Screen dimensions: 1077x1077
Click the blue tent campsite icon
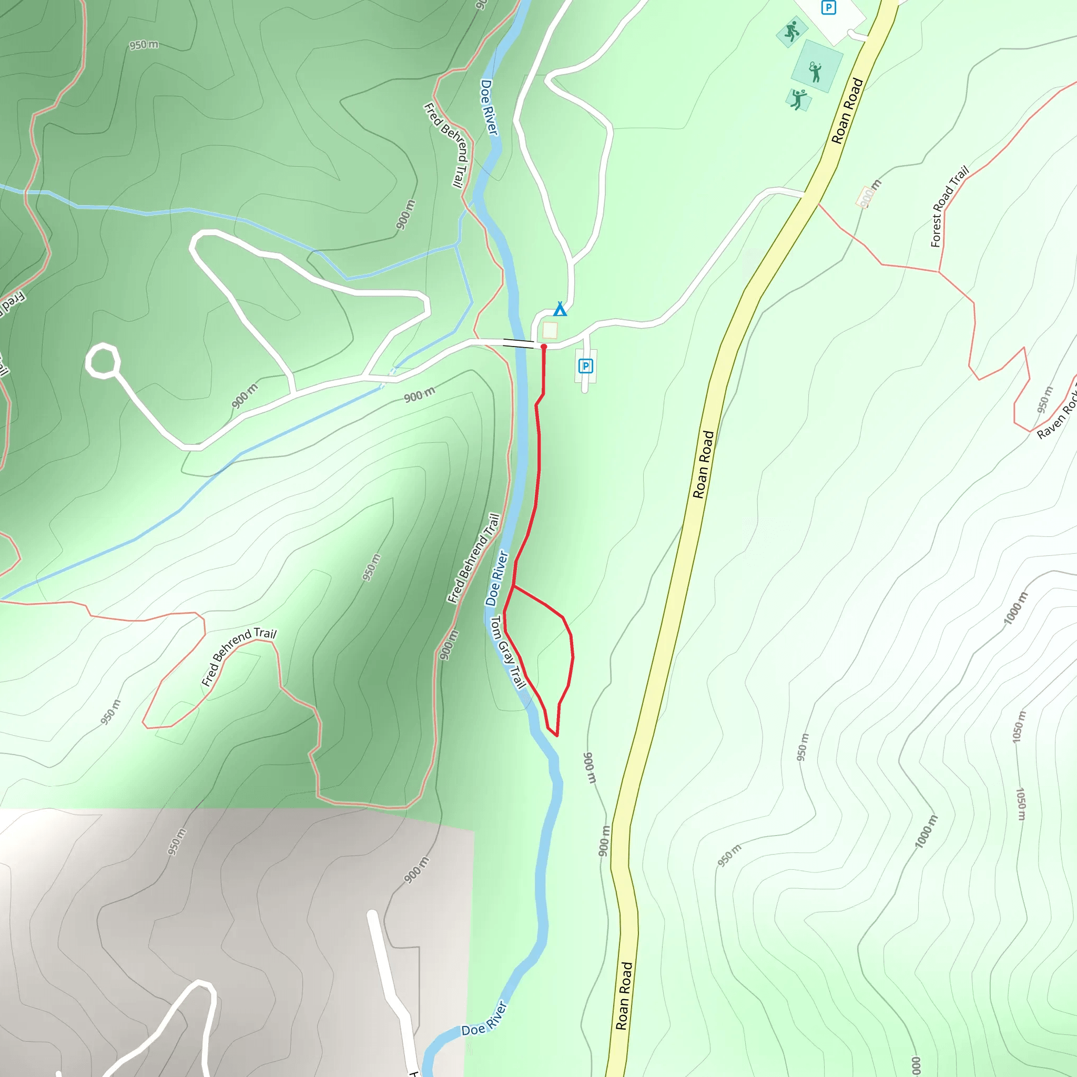coord(560,309)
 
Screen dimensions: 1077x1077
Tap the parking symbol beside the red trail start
coord(585,365)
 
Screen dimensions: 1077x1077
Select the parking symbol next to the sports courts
coord(829,8)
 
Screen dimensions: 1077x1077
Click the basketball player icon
coord(791,32)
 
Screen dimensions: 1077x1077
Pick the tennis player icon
coord(816,72)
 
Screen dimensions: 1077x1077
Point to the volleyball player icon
coord(799,99)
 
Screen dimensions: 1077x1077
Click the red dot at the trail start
coord(544,347)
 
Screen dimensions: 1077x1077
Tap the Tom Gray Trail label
coord(508,652)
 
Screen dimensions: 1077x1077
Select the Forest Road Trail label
coord(949,207)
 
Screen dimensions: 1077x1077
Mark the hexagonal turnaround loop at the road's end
coord(103,361)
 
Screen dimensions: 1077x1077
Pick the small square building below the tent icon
coord(550,330)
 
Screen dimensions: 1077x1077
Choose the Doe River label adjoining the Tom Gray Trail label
coord(496,578)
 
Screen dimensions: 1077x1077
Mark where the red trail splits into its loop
coord(513,586)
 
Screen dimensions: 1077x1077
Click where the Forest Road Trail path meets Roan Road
coord(818,204)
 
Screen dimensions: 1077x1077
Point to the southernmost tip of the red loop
coord(556,736)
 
